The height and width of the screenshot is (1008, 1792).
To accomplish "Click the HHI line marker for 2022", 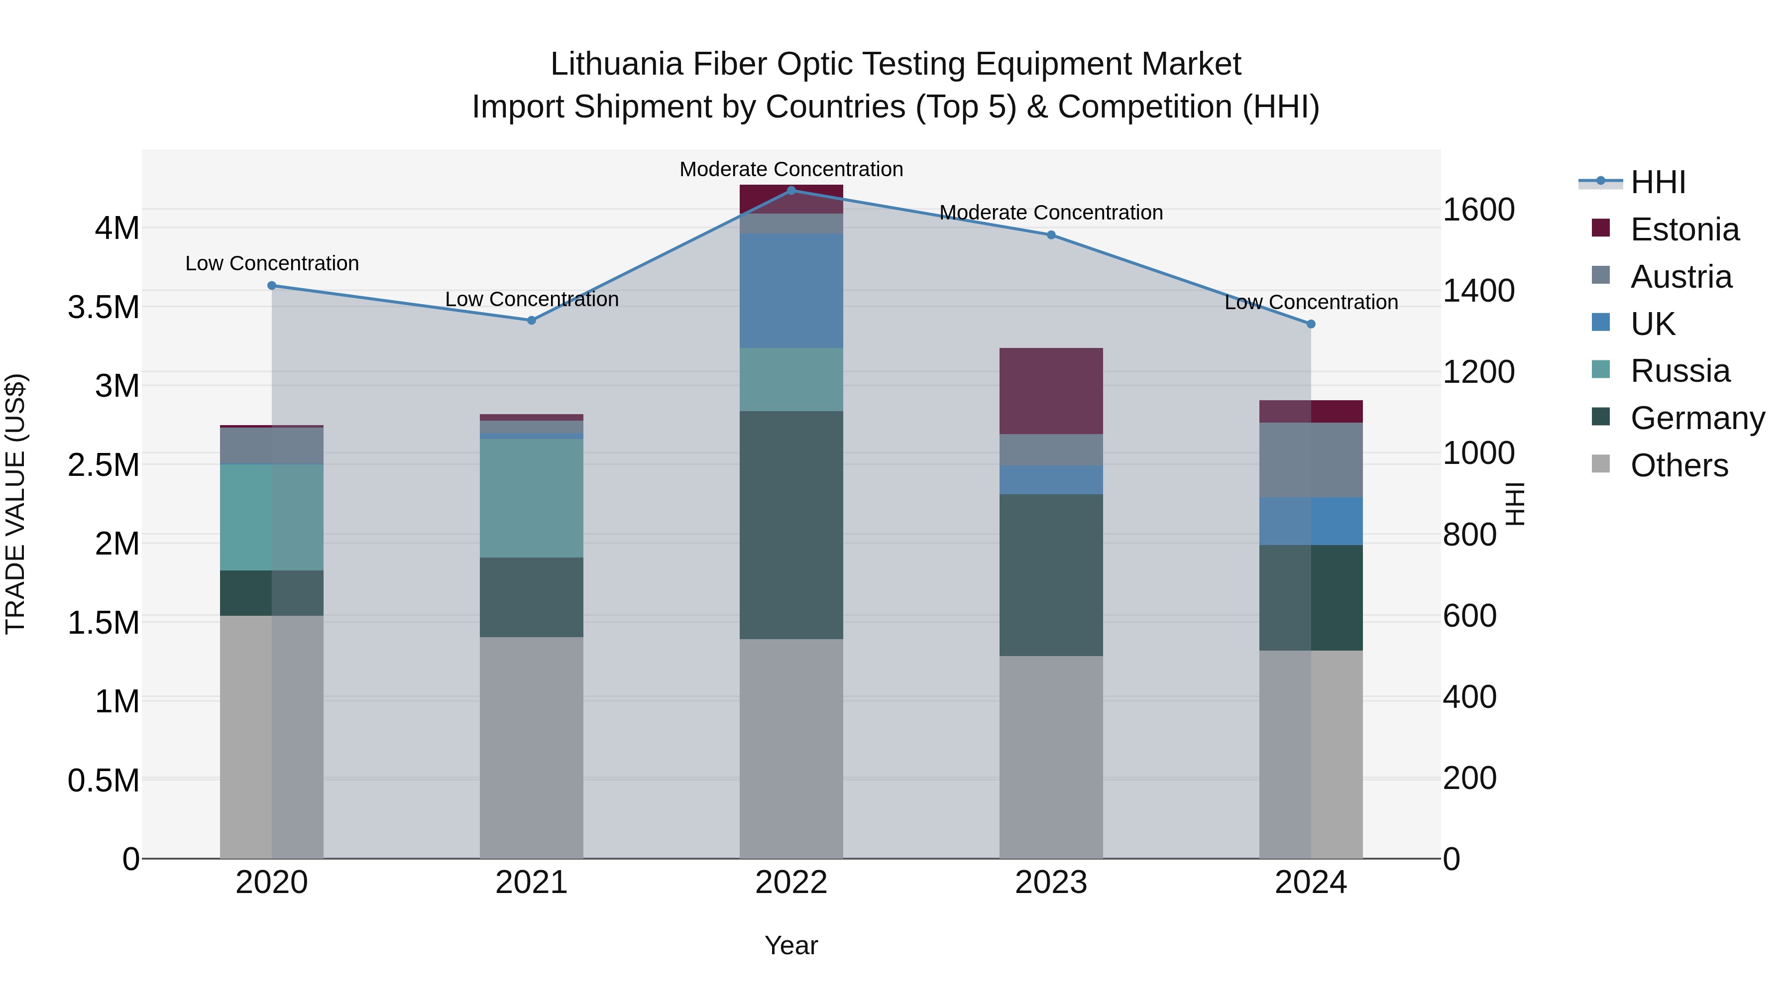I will (x=791, y=190).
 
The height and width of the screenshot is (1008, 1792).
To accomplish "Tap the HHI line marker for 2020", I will (x=272, y=285).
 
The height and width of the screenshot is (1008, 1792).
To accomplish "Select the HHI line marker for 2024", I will (x=1311, y=324).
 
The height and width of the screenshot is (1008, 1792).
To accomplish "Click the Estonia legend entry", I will (x=1684, y=229).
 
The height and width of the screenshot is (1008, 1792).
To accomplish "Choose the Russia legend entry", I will (x=1680, y=371).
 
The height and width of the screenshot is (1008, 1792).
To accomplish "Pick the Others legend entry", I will (x=1679, y=465).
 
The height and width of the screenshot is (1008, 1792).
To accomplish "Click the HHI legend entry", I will (x=1657, y=182).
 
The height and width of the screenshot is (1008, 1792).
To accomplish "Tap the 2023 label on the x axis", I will (x=1050, y=883).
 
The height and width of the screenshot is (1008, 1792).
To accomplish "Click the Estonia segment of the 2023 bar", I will (x=1050, y=391).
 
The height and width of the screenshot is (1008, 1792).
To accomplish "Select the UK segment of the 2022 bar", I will (x=791, y=291).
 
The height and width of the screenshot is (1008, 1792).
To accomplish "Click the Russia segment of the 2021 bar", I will (x=532, y=498).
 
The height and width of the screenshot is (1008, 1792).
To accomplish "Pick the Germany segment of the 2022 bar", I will (x=791, y=525).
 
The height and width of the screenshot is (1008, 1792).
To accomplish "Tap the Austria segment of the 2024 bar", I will (x=1311, y=460).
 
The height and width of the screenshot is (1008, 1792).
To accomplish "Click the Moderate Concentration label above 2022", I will (x=791, y=169).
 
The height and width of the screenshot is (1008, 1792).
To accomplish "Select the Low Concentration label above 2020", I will (x=272, y=264).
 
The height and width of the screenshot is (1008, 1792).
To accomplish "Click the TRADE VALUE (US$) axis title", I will (x=15, y=504).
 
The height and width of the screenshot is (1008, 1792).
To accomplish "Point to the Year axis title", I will (x=791, y=945).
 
